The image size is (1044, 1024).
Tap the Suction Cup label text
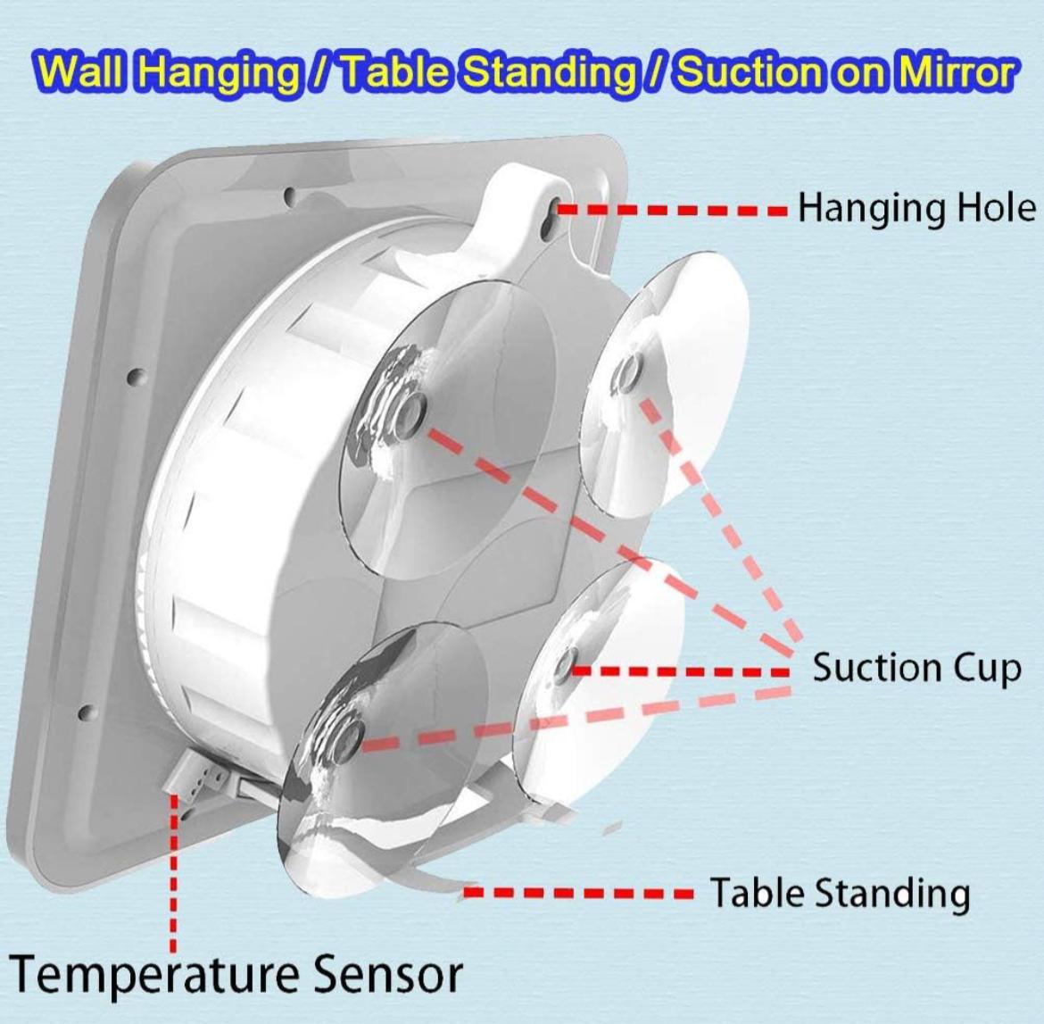(916, 668)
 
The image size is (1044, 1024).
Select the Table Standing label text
(839, 893)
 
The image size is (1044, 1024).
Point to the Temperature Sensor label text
(236, 975)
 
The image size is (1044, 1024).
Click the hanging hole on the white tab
(555, 211)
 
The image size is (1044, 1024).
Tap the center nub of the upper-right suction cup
(629, 373)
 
